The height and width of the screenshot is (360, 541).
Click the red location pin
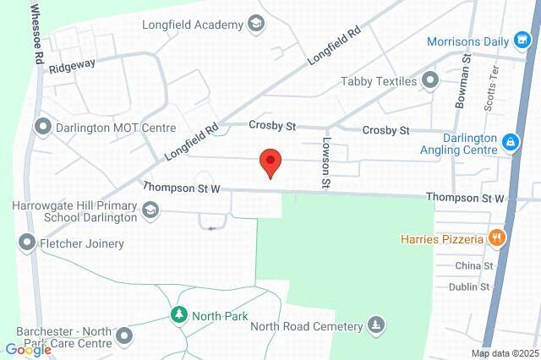[270, 161]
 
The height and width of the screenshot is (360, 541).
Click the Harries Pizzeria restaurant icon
[497, 238]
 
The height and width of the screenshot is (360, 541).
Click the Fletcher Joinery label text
[82, 243]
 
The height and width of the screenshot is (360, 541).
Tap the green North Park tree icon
[178, 315]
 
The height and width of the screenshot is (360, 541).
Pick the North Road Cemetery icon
[375, 325]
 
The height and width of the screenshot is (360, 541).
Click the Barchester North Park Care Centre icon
[124, 337]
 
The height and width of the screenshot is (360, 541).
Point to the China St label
[473, 265]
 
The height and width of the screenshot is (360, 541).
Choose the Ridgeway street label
[72, 65]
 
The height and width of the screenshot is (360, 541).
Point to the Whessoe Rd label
[36, 35]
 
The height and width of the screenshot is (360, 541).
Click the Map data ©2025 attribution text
[505, 352]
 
